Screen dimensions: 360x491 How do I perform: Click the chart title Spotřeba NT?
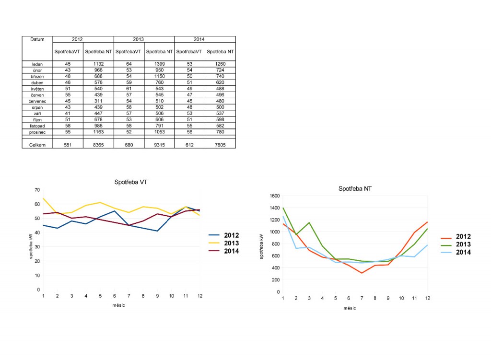(355, 189)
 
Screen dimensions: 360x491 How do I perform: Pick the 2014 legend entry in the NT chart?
(463, 252)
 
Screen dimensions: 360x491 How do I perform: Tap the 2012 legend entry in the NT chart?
(463, 236)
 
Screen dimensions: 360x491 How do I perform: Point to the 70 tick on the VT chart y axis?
(37, 190)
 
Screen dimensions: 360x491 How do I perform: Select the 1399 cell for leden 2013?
(159, 64)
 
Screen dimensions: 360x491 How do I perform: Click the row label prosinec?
(37, 132)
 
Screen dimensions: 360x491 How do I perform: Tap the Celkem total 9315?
(159, 145)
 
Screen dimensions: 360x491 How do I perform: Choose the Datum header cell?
(37, 39)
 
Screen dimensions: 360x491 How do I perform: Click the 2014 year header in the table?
(205, 39)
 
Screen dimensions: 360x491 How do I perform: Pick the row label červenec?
(37, 101)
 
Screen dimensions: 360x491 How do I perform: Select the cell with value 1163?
(98, 132)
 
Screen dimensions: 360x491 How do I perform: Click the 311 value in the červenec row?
(98, 101)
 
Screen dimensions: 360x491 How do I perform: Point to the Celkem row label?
(37, 145)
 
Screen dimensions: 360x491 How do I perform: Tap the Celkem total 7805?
(220, 145)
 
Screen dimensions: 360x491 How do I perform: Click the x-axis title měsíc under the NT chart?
(350, 308)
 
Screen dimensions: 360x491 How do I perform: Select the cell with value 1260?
(220, 64)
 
